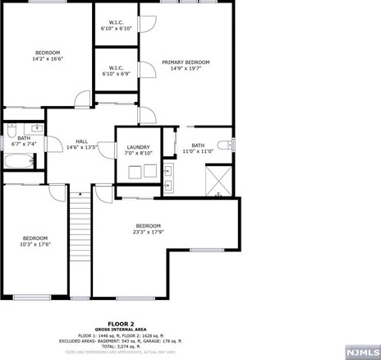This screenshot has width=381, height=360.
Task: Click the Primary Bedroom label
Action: click(x=186, y=62)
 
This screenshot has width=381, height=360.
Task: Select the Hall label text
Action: click(x=82, y=141)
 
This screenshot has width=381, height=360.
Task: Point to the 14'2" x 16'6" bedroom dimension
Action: click(x=48, y=59)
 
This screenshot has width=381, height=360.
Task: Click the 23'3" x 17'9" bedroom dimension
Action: click(x=148, y=233)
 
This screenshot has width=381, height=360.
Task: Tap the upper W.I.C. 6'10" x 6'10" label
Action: click(x=117, y=29)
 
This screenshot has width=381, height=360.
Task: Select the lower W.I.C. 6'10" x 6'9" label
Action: click(x=117, y=74)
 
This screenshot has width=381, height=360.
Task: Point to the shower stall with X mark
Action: click(x=218, y=181)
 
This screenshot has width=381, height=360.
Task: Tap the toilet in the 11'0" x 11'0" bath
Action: click(x=231, y=145)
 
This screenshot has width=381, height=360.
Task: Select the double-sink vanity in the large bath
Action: click(x=168, y=173)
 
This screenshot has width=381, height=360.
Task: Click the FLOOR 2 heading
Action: click(x=122, y=324)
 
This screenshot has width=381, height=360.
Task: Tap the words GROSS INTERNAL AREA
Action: click(x=122, y=330)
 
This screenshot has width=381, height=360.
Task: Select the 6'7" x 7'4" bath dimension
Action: click(x=23, y=144)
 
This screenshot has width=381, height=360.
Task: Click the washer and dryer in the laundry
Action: click(x=141, y=173)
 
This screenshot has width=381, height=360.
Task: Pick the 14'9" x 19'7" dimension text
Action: click(x=186, y=69)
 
